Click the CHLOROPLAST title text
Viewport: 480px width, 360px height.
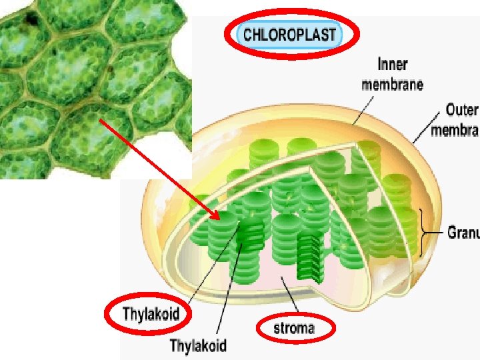[289, 34]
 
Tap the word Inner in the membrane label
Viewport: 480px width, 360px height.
[393, 65]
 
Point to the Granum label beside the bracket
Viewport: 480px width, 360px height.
[463, 233]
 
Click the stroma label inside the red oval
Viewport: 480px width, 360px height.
[294, 328]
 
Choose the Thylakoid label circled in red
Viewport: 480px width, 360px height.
[151, 313]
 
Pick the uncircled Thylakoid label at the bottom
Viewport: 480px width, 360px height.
[198, 345]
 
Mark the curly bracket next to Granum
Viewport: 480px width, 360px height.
[424, 233]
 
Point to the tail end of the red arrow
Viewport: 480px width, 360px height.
[99, 119]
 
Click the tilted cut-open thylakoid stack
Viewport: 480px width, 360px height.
[311, 257]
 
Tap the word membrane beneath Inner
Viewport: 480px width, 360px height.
[392, 85]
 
